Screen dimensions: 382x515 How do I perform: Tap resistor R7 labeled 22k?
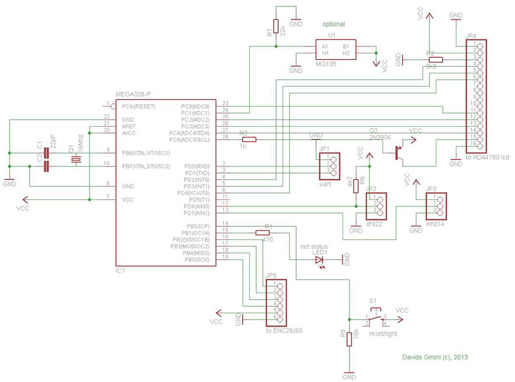click(276, 26)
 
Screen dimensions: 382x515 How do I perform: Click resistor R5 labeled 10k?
click(349, 338)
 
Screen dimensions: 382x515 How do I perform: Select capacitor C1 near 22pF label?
click(46, 153)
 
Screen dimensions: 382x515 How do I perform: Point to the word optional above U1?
click(336, 24)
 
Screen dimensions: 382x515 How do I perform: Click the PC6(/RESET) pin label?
click(138, 105)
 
